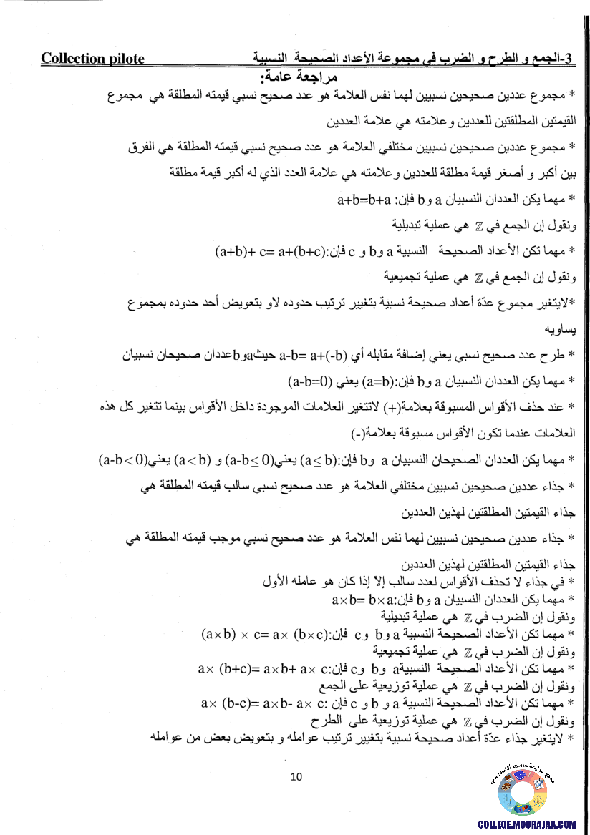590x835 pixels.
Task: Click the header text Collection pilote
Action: coord(92,59)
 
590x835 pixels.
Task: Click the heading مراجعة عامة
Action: coord(300,76)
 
